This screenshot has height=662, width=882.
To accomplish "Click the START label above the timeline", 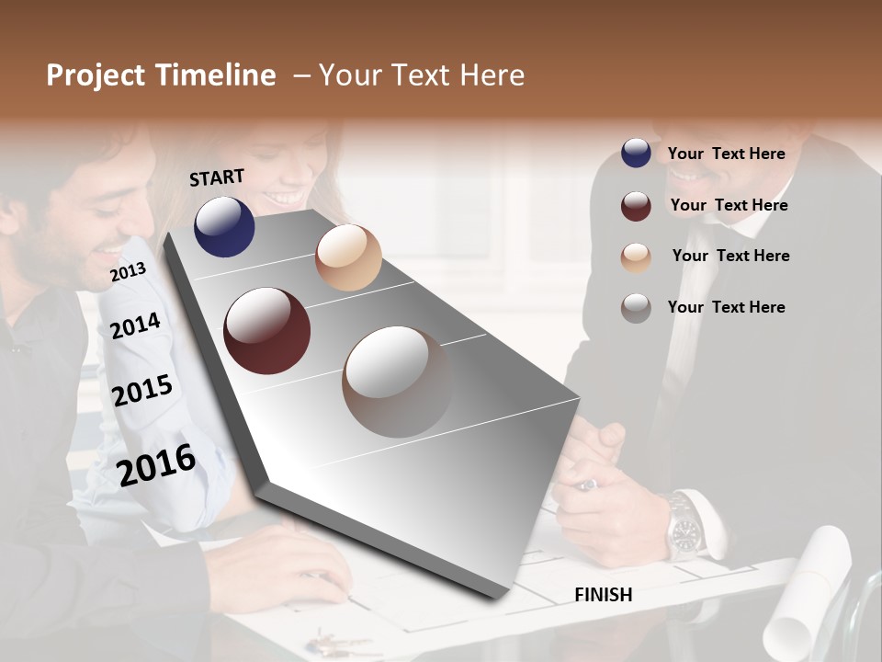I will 217,177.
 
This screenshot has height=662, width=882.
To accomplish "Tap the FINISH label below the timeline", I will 604,595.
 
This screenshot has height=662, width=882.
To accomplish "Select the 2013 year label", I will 128,271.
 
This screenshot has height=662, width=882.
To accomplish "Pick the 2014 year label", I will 136,325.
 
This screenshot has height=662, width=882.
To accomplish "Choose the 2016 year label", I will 156,464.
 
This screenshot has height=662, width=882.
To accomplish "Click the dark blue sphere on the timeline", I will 224,226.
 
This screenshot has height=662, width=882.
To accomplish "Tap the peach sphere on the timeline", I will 348,257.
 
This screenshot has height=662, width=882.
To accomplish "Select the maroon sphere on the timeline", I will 266,331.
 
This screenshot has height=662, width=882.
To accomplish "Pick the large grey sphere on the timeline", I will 397,382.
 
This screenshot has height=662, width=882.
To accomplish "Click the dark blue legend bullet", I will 636,154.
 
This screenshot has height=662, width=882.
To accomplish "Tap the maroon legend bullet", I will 636,206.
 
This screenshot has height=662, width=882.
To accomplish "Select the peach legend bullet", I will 636,257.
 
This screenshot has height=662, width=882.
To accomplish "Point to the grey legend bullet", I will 636,308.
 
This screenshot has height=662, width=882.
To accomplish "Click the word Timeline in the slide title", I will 215,75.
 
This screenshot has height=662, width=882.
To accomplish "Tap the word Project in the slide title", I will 95,75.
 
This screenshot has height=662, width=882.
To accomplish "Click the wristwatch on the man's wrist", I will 685,529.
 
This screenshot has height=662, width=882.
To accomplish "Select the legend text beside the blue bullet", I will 726,154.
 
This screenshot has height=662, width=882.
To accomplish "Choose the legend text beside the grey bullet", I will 726,307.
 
